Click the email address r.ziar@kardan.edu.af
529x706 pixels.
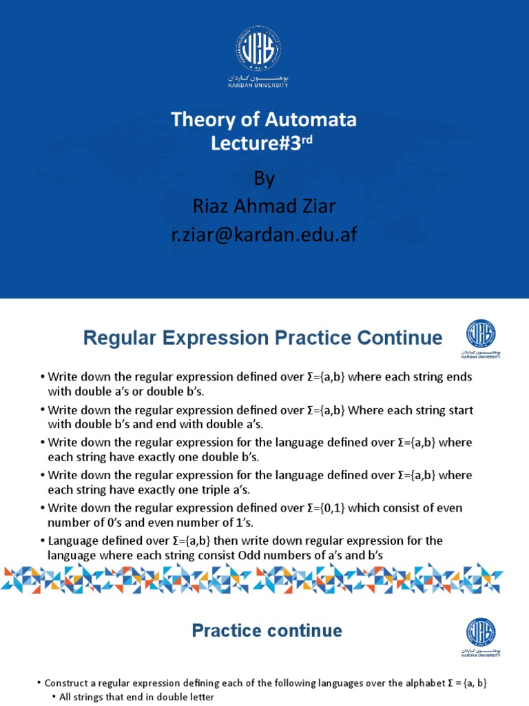[x=264, y=236]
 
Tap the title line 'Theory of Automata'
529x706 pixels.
[x=264, y=120]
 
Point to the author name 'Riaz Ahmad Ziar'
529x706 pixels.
[x=264, y=207]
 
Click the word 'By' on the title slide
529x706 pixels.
[x=264, y=179]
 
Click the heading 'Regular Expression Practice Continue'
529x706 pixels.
[x=262, y=338]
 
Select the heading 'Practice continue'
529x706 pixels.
[x=267, y=630]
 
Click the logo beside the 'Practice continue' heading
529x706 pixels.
[x=480, y=635]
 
